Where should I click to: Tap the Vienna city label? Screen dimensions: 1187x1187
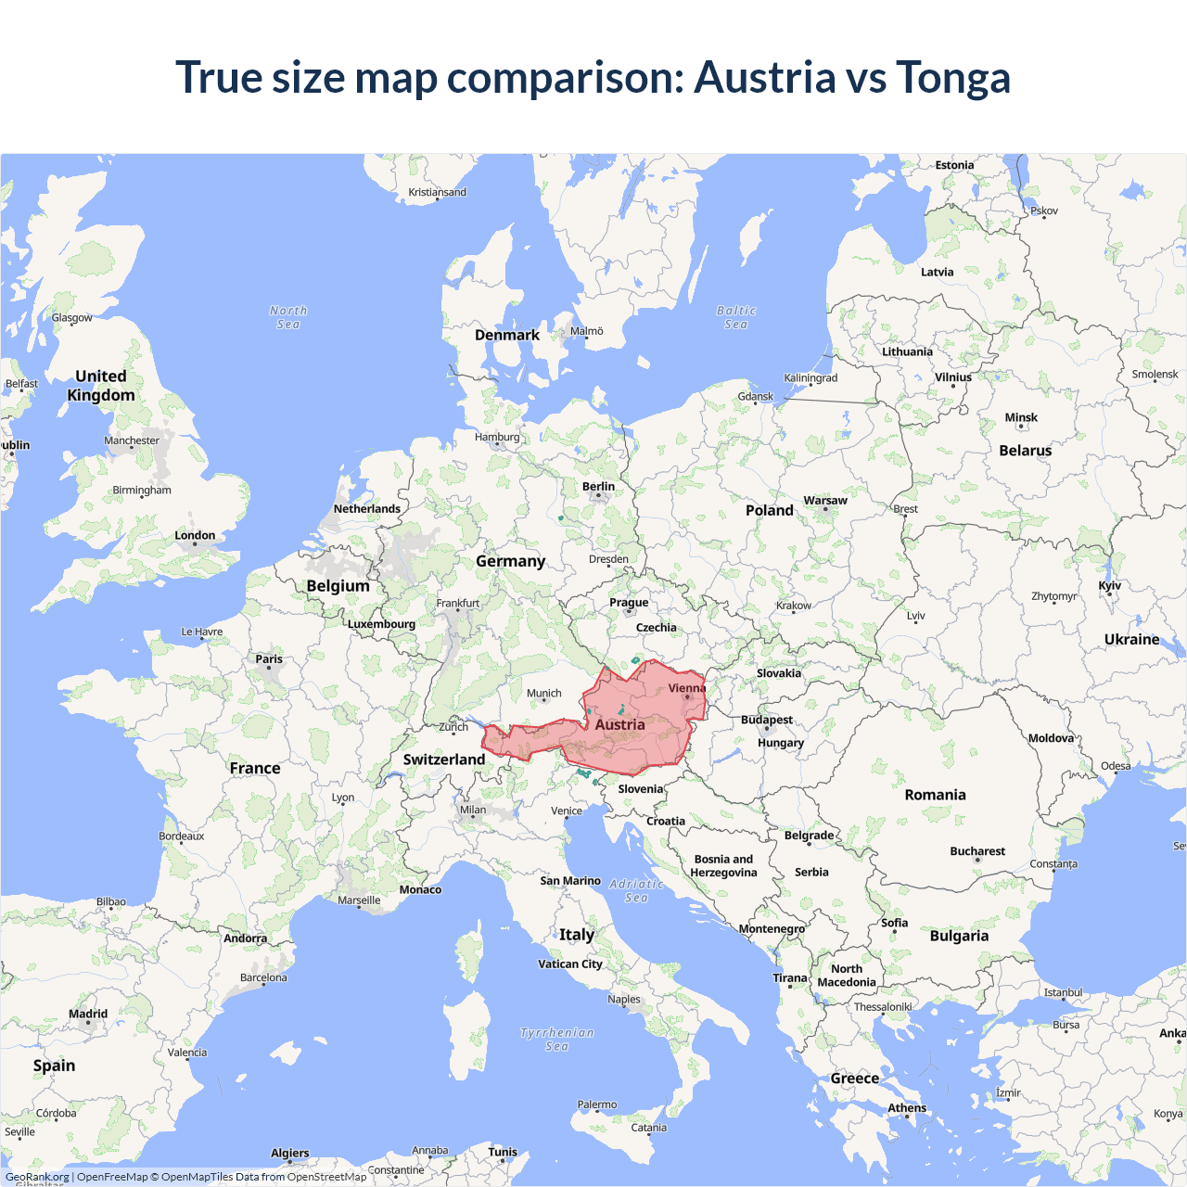(686, 688)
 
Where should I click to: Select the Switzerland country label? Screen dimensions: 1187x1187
(444, 759)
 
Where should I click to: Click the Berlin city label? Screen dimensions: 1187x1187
(598, 487)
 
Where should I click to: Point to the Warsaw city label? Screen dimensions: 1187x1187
(825, 501)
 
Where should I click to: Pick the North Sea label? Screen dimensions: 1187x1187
(288, 317)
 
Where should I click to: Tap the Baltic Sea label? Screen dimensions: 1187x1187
(736, 317)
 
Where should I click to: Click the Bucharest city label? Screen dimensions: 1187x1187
(977, 851)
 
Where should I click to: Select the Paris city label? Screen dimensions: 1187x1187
(269, 659)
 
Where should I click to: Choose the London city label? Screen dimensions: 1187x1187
(195, 535)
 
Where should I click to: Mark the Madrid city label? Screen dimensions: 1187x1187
(88, 1014)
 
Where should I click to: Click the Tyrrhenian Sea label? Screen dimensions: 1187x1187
(556, 1040)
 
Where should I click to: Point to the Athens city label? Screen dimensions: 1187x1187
(907, 1108)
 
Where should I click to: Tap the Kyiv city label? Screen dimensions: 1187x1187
(1110, 586)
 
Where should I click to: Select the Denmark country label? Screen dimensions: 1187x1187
(507, 335)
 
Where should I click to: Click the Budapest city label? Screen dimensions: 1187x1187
(767, 720)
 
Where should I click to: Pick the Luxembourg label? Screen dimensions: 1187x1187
(381, 624)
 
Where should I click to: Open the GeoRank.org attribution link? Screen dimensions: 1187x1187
(37, 1177)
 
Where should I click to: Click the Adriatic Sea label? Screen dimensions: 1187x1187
(636, 891)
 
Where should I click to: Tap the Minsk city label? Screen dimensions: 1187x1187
(1021, 418)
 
